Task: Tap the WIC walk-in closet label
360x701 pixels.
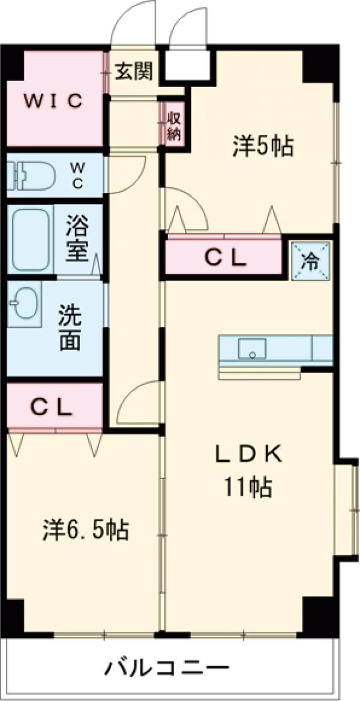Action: click(52, 101)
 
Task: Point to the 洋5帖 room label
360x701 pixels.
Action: click(263, 146)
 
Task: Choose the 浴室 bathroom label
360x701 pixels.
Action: click(79, 240)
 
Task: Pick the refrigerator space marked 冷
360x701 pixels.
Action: click(311, 260)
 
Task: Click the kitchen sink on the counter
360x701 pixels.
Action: click(252, 349)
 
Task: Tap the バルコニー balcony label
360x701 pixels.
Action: click(169, 667)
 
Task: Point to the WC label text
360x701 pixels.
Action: click(78, 175)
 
